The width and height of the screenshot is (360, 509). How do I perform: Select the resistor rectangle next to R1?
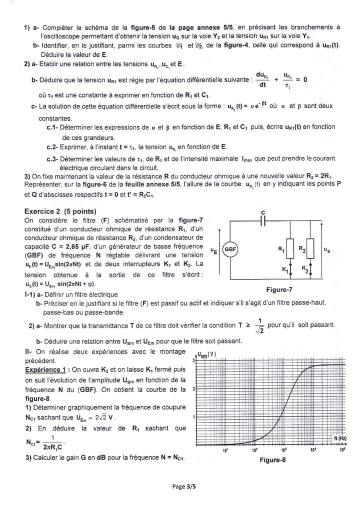(290, 249)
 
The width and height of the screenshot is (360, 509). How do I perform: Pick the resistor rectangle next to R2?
(311, 249)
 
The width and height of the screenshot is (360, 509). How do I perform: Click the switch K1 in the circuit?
(289, 269)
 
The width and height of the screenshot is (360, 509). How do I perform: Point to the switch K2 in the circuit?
(310, 269)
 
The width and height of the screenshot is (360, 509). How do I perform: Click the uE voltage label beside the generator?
(214, 249)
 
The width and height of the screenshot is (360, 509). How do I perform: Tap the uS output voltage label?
(327, 249)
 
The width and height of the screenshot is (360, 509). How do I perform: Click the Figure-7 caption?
(279, 289)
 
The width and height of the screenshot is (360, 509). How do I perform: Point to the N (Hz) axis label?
(340, 438)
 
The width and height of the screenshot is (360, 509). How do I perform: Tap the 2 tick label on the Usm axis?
(193, 388)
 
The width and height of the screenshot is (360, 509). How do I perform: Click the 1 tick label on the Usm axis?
(193, 417)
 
